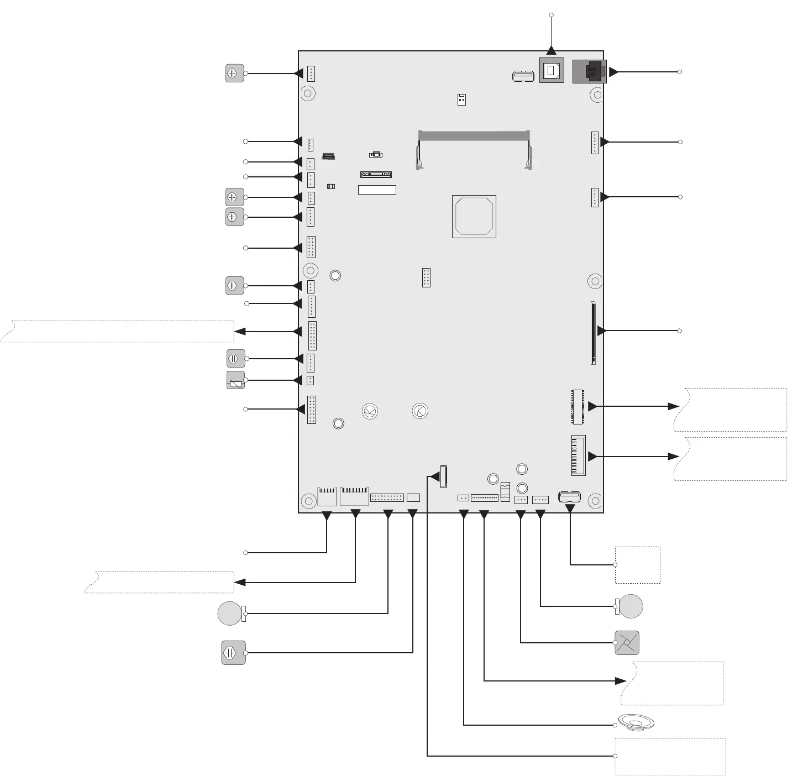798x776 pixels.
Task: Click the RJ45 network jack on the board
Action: (590, 71)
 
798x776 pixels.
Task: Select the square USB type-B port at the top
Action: (552, 71)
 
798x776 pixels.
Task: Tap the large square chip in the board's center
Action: (474, 217)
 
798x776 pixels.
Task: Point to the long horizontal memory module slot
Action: (474, 135)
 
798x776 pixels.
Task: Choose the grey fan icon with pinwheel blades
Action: (627, 643)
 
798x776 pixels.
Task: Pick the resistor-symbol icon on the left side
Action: (236, 380)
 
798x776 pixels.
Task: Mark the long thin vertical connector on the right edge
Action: (593, 333)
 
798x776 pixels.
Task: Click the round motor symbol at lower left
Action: (230, 614)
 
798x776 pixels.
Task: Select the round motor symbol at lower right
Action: (631, 606)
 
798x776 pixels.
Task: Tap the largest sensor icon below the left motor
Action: (233, 653)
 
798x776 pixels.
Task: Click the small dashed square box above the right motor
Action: (638, 565)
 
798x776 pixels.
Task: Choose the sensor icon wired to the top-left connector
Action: (235, 73)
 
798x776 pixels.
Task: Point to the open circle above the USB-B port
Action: (551, 15)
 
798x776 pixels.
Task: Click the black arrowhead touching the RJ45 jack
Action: (613, 72)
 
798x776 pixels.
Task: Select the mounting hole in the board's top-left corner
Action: (308, 93)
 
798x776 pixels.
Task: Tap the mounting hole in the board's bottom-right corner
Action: (595, 501)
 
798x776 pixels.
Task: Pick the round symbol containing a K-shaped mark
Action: (420, 411)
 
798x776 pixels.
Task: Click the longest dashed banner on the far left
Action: (117, 331)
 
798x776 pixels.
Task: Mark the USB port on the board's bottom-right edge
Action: (569, 496)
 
